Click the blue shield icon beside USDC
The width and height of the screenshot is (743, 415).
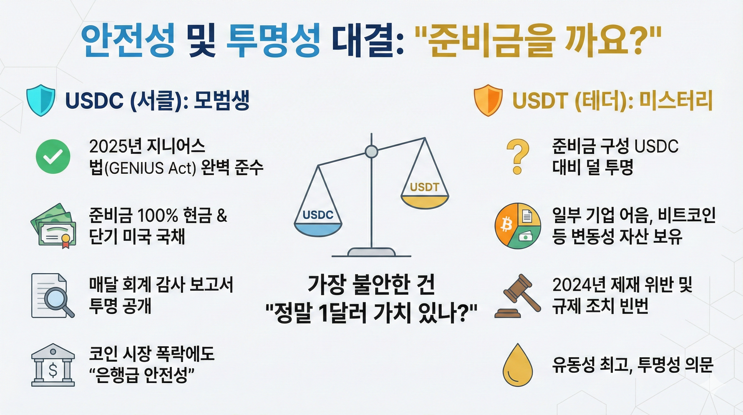(x=41, y=100)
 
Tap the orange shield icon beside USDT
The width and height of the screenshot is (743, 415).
(x=488, y=100)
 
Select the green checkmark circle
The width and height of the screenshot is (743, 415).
(x=53, y=156)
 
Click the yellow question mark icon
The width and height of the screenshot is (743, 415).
(x=518, y=156)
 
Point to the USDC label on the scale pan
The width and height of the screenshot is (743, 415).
(x=318, y=215)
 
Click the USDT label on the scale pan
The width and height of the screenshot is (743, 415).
(x=425, y=187)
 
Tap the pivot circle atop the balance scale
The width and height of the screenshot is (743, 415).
(x=371, y=152)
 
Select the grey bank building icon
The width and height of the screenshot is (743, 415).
(x=53, y=365)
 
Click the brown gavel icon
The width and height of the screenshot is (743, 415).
(x=517, y=296)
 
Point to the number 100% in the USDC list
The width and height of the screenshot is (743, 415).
(x=157, y=216)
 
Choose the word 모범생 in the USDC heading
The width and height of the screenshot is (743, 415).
(x=221, y=100)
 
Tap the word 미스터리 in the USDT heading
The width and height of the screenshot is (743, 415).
(x=676, y=100)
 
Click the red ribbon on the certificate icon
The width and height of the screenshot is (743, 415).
(x=66, y=245)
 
